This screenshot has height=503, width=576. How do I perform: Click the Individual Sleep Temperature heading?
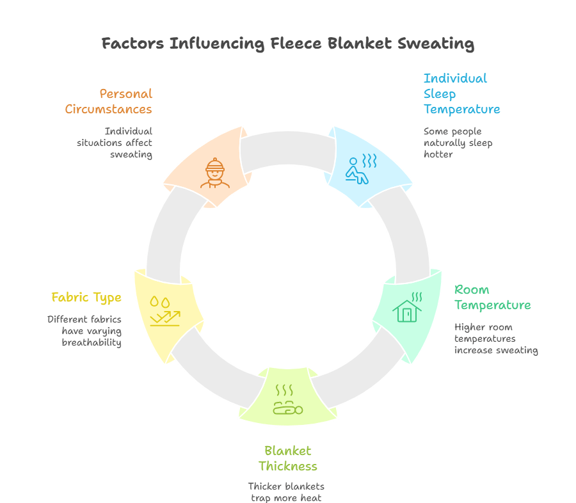[461, 93]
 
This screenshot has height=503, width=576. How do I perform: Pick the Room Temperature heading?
[492, 297]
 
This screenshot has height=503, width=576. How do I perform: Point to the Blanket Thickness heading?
[288, 458]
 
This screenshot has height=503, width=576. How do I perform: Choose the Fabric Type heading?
[86, 297]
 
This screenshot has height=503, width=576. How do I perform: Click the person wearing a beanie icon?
[215, 173]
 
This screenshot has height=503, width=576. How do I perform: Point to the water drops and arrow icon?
[164, 310]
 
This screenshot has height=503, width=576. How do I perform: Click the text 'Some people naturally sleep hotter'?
[458, 143]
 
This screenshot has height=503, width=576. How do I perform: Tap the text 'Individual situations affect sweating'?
[115, 143]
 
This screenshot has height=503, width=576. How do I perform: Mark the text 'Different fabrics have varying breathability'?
[84, 331]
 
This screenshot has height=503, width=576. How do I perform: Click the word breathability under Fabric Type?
[92, 342]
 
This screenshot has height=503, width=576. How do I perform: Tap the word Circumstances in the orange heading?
[109, 109]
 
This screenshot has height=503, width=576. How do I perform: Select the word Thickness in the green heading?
[288, 466]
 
